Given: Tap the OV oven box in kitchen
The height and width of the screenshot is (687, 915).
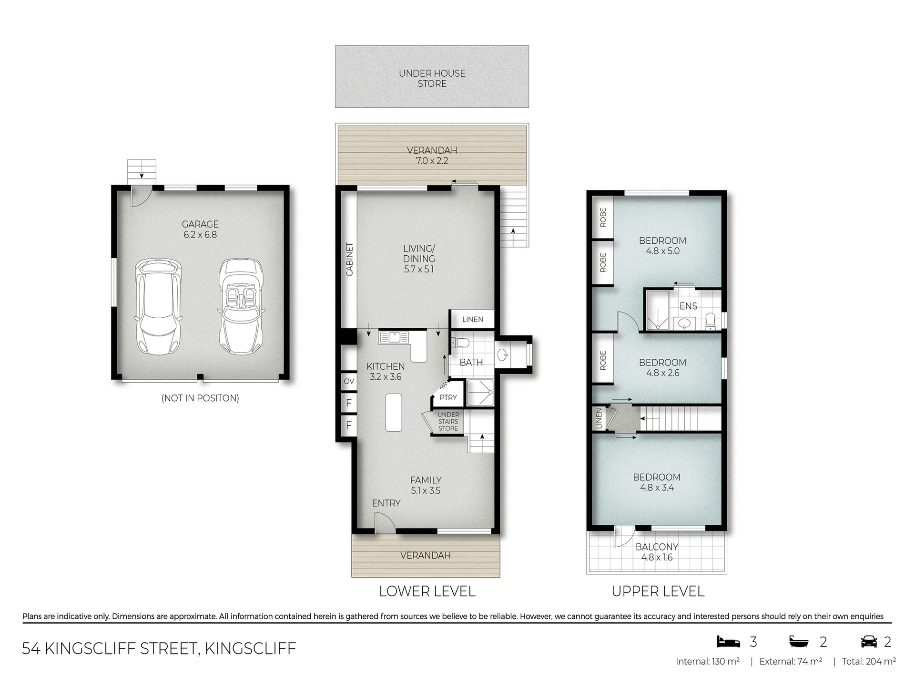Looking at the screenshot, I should point(349,381).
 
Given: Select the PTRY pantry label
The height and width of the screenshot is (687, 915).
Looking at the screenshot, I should point(448,397).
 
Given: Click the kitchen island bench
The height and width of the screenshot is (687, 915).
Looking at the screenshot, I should point(393,412).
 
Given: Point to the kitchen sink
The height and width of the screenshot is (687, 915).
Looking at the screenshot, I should point(394,338).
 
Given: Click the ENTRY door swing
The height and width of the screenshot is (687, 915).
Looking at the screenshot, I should point(384,522).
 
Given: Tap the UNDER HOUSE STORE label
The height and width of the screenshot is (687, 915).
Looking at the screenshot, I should point(432,78).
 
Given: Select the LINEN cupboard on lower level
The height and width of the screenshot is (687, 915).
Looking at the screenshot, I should point(472,319).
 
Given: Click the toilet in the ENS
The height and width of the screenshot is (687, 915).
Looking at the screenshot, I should point(710,321).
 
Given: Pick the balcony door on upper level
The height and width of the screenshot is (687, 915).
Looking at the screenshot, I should point(622,536).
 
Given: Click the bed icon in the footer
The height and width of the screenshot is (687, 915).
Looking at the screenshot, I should point(729,642).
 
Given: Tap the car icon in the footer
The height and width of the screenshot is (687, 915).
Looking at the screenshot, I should point(869,642).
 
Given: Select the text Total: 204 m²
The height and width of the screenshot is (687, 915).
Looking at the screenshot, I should point(868,662).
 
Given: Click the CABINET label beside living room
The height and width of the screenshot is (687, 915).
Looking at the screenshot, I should point(350,260).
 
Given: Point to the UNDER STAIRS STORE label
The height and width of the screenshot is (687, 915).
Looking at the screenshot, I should point(448,422).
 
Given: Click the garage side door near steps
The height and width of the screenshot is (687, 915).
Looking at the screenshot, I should point(141,197).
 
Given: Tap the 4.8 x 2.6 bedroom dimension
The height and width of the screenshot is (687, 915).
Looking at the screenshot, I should point(662,373).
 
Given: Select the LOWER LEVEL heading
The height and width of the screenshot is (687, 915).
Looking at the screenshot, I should point(427,592).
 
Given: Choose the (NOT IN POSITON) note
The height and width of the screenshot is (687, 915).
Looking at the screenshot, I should point(200,398).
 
